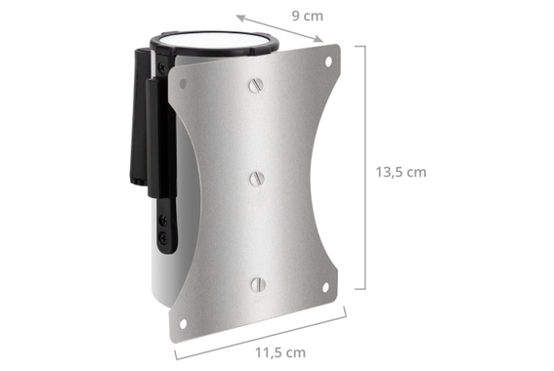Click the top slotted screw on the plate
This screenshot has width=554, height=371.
tap(256, 85)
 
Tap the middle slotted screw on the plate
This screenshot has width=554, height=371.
tap(257, 178)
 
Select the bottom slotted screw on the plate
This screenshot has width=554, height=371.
tap(257, 284)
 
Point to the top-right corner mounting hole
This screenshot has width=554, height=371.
tap(328, 61)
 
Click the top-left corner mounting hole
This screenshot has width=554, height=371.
tap(182, 84)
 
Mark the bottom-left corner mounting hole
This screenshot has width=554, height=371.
tap(182, 323)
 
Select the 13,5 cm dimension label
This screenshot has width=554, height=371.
tap(401, 171)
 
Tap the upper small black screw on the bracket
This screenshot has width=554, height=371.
tap(162, 222)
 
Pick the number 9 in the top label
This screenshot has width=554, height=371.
tap(296, 16)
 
